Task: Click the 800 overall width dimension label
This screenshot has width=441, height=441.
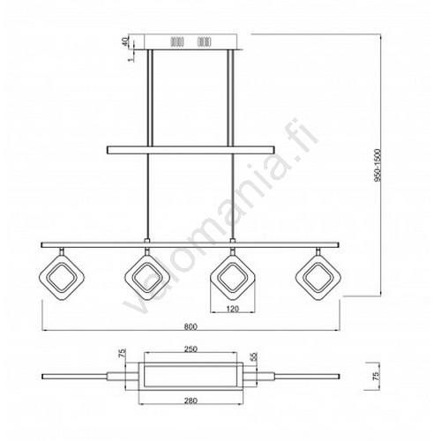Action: (191, 326)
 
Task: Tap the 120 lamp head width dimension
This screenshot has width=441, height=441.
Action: (233, 309)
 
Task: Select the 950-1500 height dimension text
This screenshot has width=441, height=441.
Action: (377, 165)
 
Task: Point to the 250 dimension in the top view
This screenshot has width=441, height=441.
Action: (191, 349)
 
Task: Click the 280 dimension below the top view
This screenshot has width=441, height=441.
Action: (191, 400)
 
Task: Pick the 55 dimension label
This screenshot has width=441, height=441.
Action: (254, 356)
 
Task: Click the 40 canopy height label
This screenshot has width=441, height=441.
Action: (125, 41)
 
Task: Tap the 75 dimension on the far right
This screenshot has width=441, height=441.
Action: (376, 376)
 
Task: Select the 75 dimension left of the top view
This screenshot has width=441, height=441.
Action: (123, 353)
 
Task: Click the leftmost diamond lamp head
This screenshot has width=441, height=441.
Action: (62, 278)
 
